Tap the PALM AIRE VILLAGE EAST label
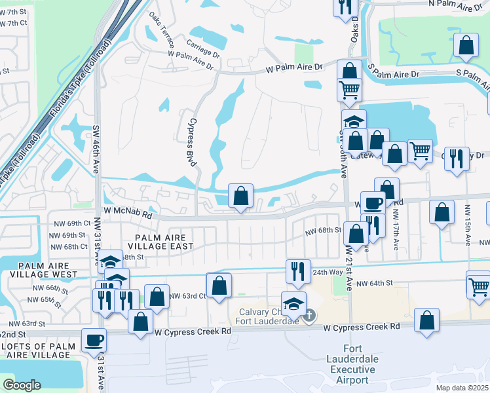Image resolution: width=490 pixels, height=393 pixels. coord(165,242)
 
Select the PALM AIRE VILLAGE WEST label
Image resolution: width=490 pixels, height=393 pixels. coord(44,270)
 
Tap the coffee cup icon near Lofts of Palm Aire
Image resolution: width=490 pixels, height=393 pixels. coord(94,340)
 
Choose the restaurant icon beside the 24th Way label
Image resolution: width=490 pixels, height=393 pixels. coord(298,269)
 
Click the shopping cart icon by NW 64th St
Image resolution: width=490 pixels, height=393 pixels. coord(478,284)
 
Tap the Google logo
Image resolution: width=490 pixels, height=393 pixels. coord(22,384)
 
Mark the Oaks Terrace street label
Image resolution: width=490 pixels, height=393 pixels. coord(162,33)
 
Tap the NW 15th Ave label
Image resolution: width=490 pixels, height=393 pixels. coord(468,225)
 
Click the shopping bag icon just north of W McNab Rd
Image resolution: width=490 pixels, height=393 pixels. coord(240,195)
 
